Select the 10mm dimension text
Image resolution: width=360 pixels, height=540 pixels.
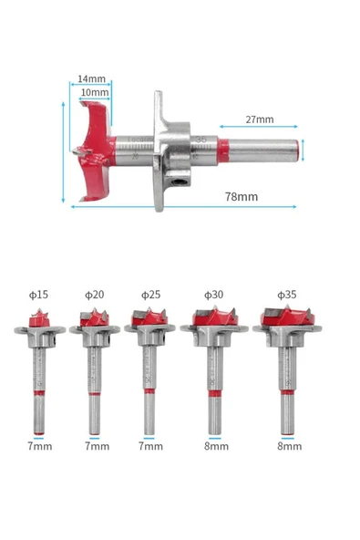(x=94, y=92)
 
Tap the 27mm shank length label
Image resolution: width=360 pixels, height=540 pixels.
(x=259, y=119)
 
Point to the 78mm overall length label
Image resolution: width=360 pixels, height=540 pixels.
(x=241, y=196)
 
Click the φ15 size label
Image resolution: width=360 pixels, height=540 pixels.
(x=38, y=295)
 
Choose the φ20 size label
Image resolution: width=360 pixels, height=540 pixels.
(x=94, y=295)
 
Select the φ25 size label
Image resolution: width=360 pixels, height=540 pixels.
(x=150, y=295)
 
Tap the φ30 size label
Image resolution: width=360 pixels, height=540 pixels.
(x=213, y=295)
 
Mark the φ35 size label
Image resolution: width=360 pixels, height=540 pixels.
(x=288, y=295)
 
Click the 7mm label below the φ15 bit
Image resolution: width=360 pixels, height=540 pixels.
(x=38, y=446)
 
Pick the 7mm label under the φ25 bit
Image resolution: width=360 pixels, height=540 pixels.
(x=150, y=446)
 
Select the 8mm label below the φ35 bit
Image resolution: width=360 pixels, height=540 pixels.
(x=290, y=446)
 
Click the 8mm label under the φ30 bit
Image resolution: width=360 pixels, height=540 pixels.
(x=214, y=446)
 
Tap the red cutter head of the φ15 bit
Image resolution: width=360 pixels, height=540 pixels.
(x=38, y=319)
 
